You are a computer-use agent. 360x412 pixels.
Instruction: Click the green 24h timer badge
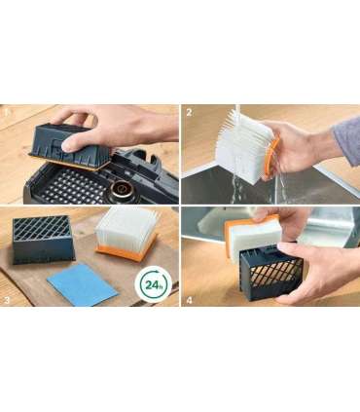(153, 284)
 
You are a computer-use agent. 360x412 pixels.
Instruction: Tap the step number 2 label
(189, 113)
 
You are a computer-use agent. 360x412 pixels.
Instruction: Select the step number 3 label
(7, 300)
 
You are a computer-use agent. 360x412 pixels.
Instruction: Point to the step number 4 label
(190, 300)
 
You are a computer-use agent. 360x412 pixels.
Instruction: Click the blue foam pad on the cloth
(82, 284)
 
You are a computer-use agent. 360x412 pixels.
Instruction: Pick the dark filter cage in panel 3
(43, 240)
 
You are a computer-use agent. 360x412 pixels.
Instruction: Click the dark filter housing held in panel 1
(71, 148)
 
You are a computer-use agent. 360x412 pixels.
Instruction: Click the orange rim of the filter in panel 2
(271, 158)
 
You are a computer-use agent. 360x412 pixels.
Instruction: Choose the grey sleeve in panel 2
(347, 139)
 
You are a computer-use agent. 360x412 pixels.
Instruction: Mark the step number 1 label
(7, 113)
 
